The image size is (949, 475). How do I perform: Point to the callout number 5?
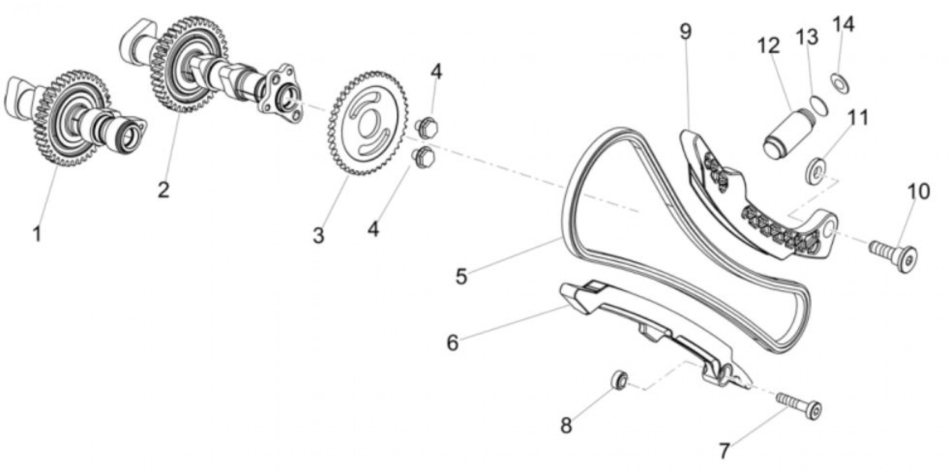[x=461, y=276]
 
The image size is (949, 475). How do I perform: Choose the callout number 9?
[x=686, y=32]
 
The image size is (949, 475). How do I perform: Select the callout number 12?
[x=768, y=45]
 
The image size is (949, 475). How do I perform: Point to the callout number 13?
[x=807, y=37]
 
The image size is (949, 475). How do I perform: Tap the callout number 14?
[x=843, y=24]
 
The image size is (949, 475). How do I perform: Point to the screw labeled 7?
[x=799, y=405]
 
